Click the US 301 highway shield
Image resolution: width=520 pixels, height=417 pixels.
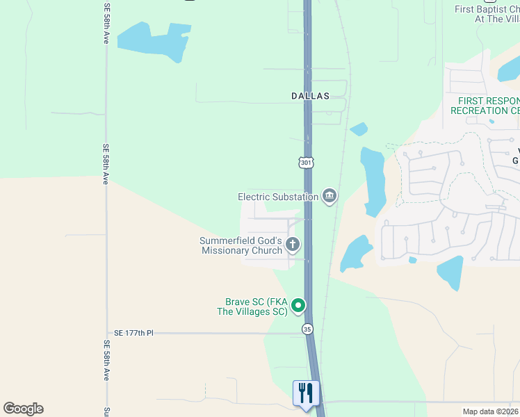pos(307,162)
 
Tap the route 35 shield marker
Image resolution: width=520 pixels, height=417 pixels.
pos(307,328)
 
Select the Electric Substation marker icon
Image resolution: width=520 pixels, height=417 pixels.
pos(330,197)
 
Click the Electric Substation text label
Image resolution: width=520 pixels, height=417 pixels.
pos(278,197)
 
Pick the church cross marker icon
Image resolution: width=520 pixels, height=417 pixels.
pos(293,244)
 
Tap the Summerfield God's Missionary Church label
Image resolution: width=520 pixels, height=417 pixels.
pos(241,245)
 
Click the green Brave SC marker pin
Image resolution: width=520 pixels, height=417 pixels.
pos(298,305)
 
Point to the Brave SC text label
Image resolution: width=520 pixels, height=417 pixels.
pos(256,307)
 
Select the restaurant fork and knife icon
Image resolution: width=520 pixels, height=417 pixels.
pos(306,393)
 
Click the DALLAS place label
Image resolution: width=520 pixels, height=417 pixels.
pos(310,97)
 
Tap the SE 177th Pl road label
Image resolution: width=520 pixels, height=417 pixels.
pos(133,334)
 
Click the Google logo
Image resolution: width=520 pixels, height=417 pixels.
pos(23,409)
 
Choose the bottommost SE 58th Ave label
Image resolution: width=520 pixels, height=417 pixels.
pos(106,360)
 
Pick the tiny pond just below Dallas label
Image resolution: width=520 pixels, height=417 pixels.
pos(359,129)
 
